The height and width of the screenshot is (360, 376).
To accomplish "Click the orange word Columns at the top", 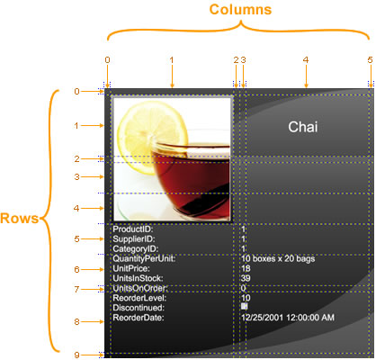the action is [240, 9].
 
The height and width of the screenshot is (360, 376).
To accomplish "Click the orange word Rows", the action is [20, 218].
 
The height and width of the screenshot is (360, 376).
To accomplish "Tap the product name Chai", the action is [303, 127].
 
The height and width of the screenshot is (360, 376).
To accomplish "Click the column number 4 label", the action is [306, 60].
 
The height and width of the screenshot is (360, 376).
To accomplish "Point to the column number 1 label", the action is [172, 60].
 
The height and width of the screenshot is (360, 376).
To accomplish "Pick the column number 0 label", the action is [107, 60].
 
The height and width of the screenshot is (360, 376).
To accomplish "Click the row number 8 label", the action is [77, 322].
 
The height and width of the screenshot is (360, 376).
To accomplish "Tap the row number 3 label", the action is [77, 177].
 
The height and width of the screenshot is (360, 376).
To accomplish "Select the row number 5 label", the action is [77, 239].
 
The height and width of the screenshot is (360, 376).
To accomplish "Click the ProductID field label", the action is [133, 229].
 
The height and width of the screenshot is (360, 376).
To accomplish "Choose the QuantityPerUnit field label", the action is [144, 258].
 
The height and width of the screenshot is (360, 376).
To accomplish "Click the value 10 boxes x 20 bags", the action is [278, 258].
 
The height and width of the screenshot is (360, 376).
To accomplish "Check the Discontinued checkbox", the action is [245, 306].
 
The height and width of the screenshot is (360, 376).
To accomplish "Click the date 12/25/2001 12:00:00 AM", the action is [288, 318].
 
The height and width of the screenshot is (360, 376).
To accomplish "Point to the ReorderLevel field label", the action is [139, 298].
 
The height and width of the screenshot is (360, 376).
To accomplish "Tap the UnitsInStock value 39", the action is [246, 278].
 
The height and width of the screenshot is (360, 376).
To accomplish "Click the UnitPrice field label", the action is [131, 268].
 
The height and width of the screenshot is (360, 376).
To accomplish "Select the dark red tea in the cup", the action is [192, 180].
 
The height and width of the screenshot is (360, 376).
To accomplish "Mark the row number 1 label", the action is [76, 126].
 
